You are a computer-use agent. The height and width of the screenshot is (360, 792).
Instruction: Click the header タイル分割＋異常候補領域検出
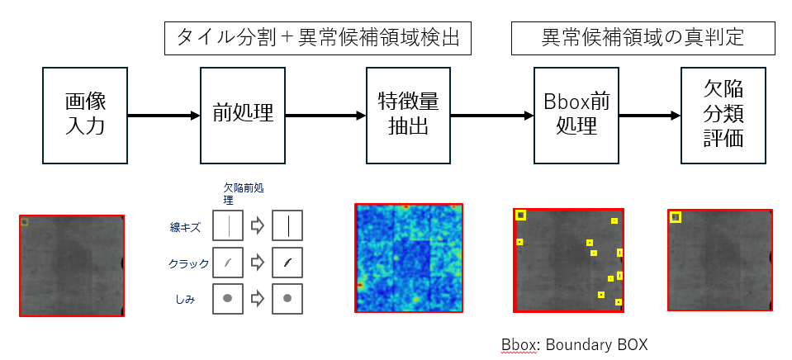tap(317, 39)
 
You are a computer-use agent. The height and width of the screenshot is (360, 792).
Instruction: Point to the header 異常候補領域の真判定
tap(643, 39)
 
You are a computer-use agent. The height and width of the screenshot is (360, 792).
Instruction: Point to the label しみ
tap(184, 299)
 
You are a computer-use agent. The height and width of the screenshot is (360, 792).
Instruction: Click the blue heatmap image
tap(409, 258)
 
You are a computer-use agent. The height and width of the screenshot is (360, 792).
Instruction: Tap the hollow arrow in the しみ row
tap(258, 298)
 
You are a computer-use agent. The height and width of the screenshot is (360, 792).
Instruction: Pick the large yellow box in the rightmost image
tap(676, 217)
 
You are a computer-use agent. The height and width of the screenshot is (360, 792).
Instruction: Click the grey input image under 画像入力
tap(72, 265)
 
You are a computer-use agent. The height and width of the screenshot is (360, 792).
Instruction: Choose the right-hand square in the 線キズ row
tap(287, 225)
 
